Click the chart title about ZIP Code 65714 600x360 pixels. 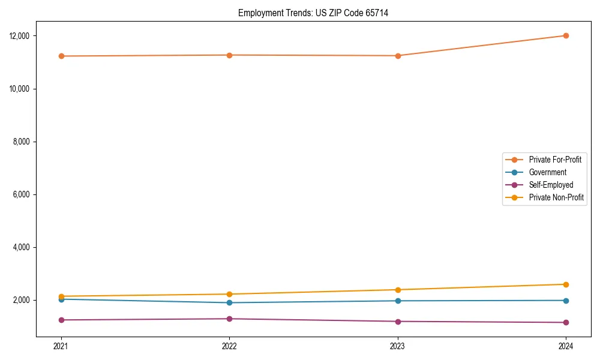313,13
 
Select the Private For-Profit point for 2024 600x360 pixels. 566,35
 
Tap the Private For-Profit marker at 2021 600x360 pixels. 61,56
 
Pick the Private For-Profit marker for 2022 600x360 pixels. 229,55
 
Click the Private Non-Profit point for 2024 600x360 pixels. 566,284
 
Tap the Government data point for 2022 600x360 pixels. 229,302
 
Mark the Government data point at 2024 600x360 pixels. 566,301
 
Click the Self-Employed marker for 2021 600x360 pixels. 61,320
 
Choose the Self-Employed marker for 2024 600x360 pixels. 566,322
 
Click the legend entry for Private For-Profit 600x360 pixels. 555,160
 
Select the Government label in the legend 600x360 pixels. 547,172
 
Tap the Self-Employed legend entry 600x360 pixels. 551,185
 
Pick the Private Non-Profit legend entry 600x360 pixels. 556,197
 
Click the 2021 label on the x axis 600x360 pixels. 61,346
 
